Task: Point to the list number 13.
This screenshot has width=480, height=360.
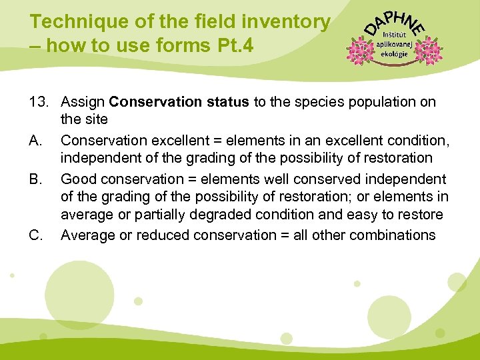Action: tap(40, 102)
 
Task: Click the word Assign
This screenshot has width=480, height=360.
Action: tap(83, 102)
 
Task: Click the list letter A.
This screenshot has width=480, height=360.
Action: tap(36, 141)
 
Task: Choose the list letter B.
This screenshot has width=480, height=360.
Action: tap(36, 179)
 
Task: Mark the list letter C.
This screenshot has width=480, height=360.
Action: tap(36, 235)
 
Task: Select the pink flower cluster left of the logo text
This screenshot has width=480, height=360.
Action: tap(361, 49)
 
